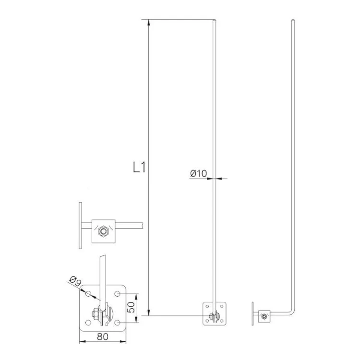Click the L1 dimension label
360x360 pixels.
(139, 167)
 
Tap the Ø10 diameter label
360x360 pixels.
(198, 173)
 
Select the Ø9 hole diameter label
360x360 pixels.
(75, 281)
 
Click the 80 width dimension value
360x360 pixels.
(102, 336)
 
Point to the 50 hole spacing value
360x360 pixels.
(131, 307)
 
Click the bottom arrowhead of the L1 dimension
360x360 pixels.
(149, 312)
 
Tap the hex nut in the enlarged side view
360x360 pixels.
(103, 231)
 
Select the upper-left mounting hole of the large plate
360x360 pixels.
(88, 294)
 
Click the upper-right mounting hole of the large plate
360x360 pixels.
(117, 294)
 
